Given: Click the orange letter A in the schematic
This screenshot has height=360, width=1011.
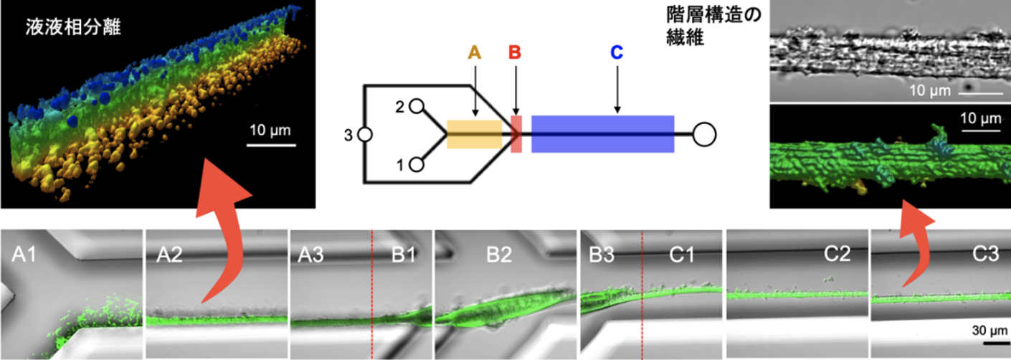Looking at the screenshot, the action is click(475, 52).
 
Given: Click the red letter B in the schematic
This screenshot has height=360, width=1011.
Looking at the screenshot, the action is click(515, 52).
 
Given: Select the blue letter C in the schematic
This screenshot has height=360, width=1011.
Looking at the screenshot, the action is click(617, 52).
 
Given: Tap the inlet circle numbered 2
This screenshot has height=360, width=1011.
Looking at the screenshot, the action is click(417, 106).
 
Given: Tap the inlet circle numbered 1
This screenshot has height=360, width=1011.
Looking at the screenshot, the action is click(417, 165).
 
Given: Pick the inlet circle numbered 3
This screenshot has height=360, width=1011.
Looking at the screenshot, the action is click(365, 134).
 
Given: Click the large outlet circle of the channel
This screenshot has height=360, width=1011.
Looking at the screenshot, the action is click(704, 134).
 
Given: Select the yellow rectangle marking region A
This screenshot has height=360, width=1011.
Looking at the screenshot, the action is click(475, 134).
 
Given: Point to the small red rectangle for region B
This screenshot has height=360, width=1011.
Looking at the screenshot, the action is click(516, 134).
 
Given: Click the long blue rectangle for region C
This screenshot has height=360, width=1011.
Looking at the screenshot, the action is click(603, 134).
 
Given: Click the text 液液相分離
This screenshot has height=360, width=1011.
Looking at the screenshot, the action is click(73, 27).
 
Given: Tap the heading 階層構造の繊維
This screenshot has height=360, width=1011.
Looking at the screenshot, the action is click(713, 26).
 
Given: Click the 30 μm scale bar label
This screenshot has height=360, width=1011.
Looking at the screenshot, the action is click(989, 331).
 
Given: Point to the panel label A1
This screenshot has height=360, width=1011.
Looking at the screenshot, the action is click(24, 255).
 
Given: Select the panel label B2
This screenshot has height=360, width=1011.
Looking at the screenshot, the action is click(499, 255).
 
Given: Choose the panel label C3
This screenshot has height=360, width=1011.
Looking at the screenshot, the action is click(985, 255).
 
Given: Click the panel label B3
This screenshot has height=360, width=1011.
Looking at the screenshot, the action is click(602, 255).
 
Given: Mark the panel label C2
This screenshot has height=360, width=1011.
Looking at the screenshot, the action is click(837, 254).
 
